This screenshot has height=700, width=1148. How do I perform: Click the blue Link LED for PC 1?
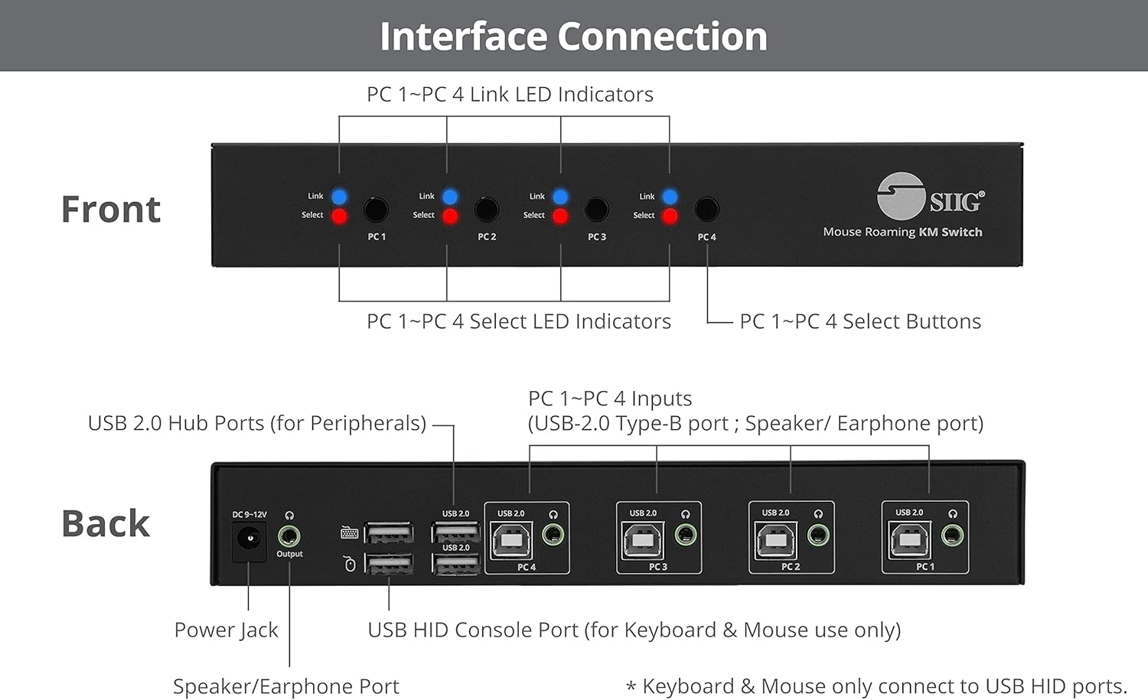339,197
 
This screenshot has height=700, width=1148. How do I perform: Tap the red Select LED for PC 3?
560,216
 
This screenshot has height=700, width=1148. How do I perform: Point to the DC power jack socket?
249,539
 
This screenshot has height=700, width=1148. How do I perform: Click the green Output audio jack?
289,536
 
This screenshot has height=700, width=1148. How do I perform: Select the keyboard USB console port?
389,532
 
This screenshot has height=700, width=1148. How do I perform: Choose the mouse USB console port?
389,565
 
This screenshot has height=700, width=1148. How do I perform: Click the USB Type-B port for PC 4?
511,541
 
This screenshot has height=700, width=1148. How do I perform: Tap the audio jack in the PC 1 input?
952,535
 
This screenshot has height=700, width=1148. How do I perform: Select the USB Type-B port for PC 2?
776,540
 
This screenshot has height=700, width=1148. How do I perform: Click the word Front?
111,210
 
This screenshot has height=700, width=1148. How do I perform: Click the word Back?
106,524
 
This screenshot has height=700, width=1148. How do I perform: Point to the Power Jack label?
226,630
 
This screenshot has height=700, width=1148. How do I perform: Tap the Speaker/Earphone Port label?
285,686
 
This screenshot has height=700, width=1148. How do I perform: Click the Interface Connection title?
573,36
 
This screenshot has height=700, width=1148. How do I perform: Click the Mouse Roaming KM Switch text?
902,232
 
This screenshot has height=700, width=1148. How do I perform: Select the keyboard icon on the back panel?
350,532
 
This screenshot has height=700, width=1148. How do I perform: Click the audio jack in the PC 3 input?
686,535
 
